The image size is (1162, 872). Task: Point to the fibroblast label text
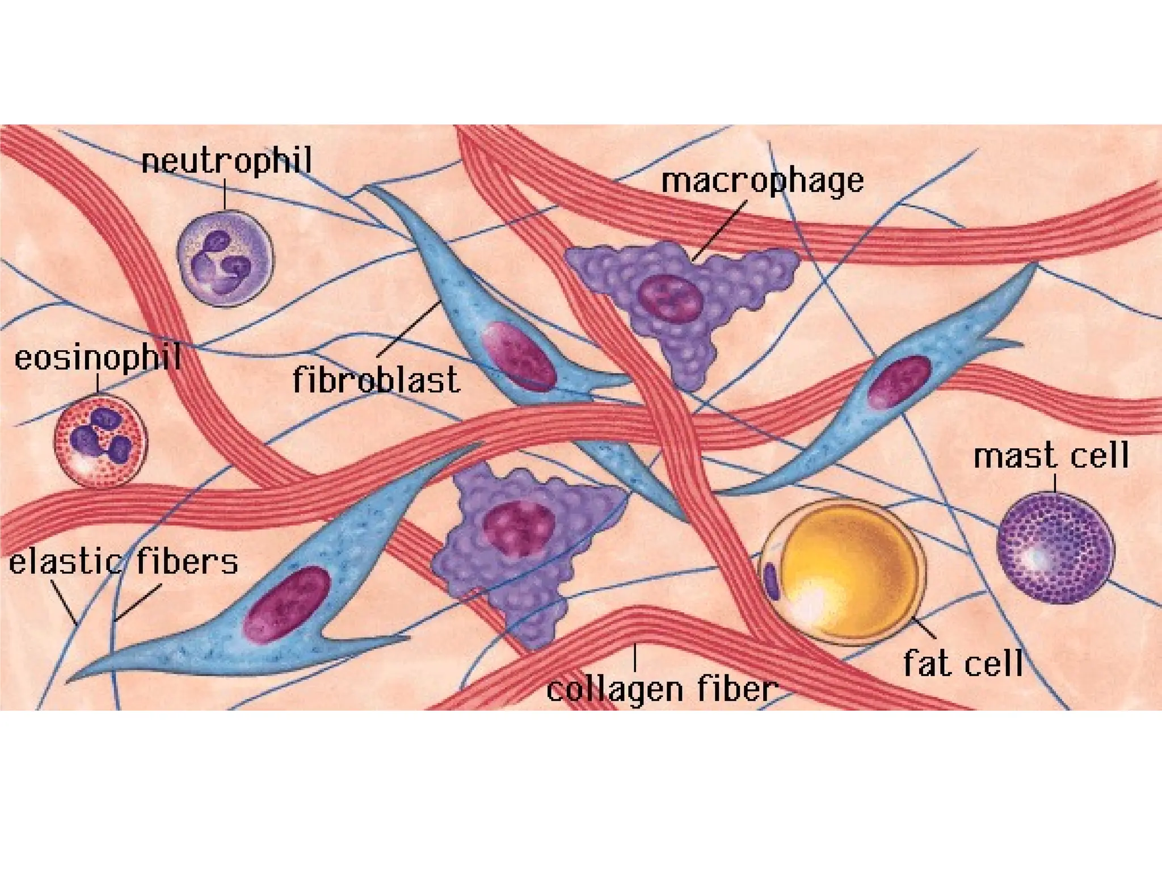coord(376,380)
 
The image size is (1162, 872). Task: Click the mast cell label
coord(1051,456)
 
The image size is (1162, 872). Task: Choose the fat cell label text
coord(963,663)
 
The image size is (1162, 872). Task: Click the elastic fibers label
coord(123,561)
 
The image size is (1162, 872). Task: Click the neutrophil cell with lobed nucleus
coord(225,259)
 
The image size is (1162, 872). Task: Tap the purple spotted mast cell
coord(1055,548)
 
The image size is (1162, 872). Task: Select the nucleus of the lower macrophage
coord(518,529)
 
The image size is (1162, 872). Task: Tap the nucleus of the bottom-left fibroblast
coord(287,605)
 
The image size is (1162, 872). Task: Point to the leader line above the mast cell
coord(1055,483)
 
